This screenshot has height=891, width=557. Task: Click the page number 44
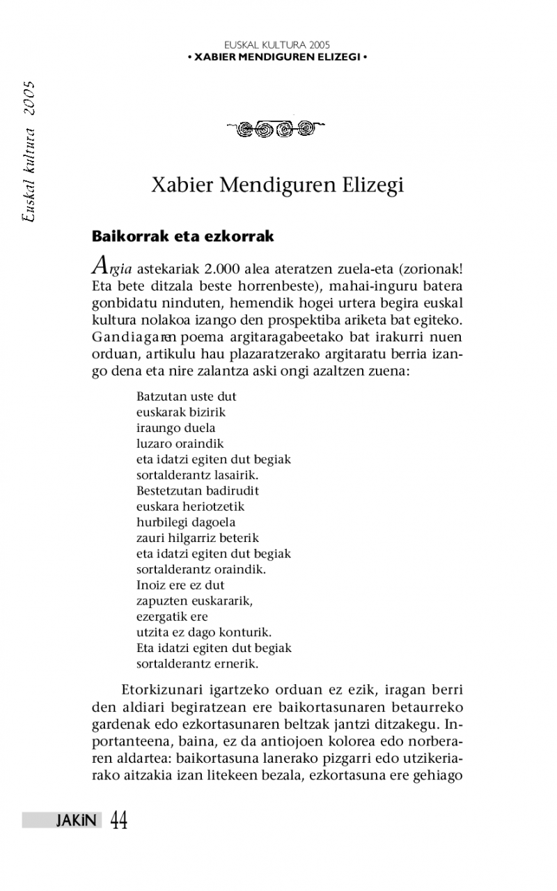pos(118,821)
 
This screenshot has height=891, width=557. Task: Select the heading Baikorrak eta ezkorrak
pos(183,236)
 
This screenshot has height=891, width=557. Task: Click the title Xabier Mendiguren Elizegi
pos(277,187)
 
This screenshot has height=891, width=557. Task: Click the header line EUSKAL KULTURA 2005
pos(277,45)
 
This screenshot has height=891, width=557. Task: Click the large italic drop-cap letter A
pos(100,265)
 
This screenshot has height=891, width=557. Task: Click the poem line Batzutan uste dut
pos(186,397)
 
